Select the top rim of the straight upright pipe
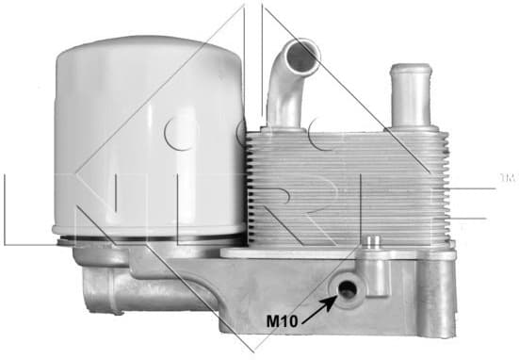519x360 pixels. [410, 68]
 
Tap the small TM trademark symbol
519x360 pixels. [506, 176]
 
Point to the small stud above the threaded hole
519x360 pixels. [376, 246]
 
